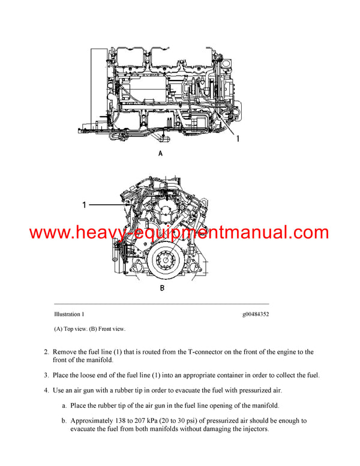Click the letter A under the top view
[x=160, y=154]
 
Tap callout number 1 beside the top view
[x=238, y=139]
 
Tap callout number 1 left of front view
[x=85, y=205]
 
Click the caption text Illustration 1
[x=70, y=313]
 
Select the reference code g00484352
[x=255, y=313]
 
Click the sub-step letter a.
[x=64, y=407]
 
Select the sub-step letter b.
[x=64, y=422]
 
